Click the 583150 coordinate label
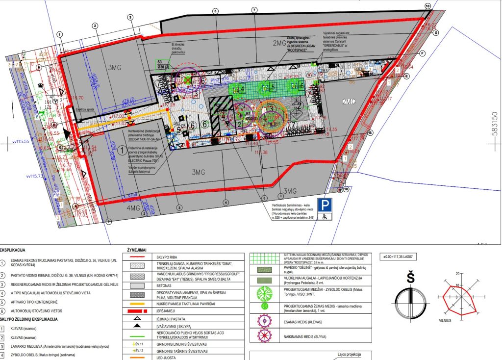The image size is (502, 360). (x=495, y=126)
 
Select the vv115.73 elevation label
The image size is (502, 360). (x=35, y=175)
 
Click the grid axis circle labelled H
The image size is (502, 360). (x=39, y=67)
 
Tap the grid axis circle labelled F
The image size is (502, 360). (x=422, y=53)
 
